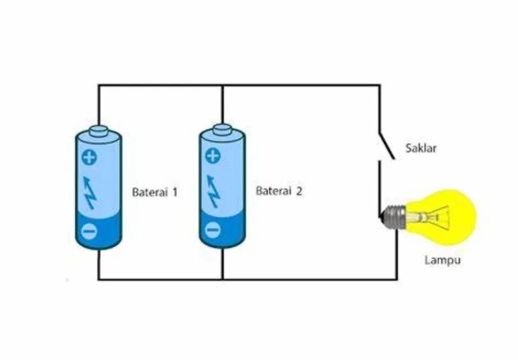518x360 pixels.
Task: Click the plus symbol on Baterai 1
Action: pos(89,157)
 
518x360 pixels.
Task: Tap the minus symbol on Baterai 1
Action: pos(89,230)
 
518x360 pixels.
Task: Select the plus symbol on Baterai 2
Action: pos(213,156)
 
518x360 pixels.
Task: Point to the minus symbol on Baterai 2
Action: pos(213,230)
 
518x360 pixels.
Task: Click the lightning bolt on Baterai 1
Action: pos(89,193)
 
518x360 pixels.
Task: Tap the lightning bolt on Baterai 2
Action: pos(213,191)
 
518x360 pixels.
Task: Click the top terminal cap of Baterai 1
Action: pos(98,131)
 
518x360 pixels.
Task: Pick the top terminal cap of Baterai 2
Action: pos(222,129)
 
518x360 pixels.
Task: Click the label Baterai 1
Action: pos(155,192)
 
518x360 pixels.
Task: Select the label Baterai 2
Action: pos(279,191)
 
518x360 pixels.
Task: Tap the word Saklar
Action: pos(420,148)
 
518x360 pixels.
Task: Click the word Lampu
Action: pos(442,260)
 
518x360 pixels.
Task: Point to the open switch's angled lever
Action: pos(386,145)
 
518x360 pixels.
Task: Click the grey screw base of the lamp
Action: pos(393,217)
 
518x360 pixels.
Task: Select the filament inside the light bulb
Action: pos(429,218)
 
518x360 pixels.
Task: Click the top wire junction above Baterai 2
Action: pos(223,86)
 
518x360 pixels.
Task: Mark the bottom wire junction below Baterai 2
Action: pos(223,279)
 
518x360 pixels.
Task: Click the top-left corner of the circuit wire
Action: pos(98,86)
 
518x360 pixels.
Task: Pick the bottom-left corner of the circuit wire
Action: pos(98,279)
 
